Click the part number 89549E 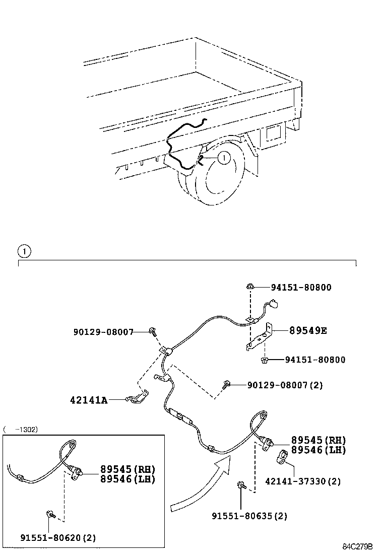[x=307, y=331]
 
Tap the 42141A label [x=89, y=400]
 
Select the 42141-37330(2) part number [x=303, y=481]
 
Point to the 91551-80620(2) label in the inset [x=58, y=538]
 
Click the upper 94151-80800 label [x=301, y=288]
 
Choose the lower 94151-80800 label [x=315, y=360]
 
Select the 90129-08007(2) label [x=285, y=385]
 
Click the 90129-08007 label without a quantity [x=103, y=332]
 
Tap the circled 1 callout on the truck [x=224, y=158]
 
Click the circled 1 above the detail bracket [x=24, y=250]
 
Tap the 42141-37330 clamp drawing [x=282, y=457]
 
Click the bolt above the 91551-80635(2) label [x=241, y=485]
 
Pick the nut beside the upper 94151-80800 [x=250, y=287]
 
